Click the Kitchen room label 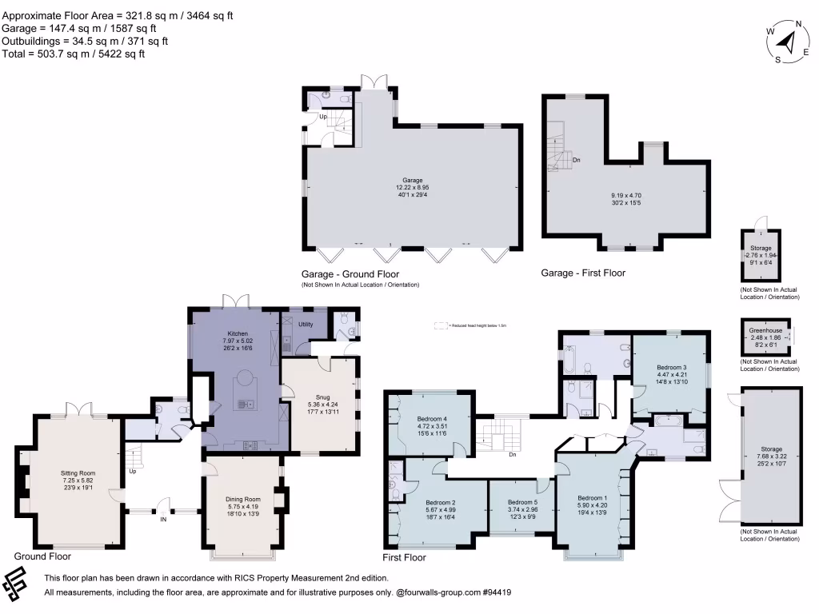click(x=238, y=333)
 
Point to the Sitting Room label click(x=78, y=473)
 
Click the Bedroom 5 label click(x=522, y=502)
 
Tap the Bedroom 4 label click(x=432, y=418)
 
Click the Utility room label click(x=306, y=325)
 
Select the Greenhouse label click(x=765, y=330)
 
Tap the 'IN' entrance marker click(x=163, y=519)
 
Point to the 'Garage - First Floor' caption click(x=583, y=273)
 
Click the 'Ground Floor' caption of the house click(x=42, y=556)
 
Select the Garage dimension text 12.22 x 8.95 click(x=412, y=188)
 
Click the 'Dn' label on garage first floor click(x=577, y=160)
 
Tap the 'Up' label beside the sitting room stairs click(x=132, y=471)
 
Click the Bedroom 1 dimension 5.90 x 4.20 click(x=593, y=504)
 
